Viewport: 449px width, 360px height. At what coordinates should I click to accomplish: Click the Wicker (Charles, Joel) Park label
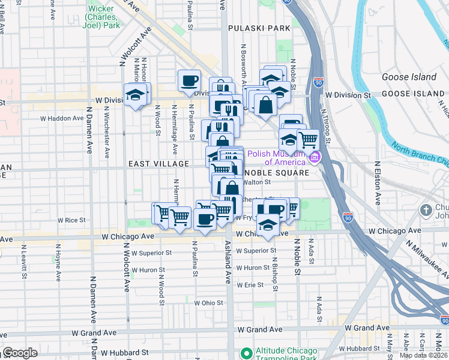pyautogui.click(x=104, y=17)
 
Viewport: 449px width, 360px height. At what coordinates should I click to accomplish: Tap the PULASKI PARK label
pyautogui.click(x=259, y=28)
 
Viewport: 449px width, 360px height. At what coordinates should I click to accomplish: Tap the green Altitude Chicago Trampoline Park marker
pyautogui.click(x=245, y=353)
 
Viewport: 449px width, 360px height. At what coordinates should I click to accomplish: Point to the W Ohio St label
pyautogui.click(x=208, y=303)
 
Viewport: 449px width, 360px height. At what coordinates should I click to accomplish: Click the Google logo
pyautogui.click(x=20, y=353)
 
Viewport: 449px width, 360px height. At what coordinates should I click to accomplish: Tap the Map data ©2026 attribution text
pyautogui.click(x=423, y=355)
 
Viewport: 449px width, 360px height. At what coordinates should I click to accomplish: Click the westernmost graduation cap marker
pyautogui.click(x=136, y=94)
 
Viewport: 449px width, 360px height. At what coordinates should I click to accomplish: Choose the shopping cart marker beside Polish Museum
pyautogui.click(x=308, y=140)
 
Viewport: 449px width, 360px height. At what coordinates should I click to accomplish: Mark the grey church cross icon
pyautogui.click(x=426, y=211)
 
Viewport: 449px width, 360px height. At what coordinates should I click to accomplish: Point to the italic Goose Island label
pyautogui.click(x=409, y=77)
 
